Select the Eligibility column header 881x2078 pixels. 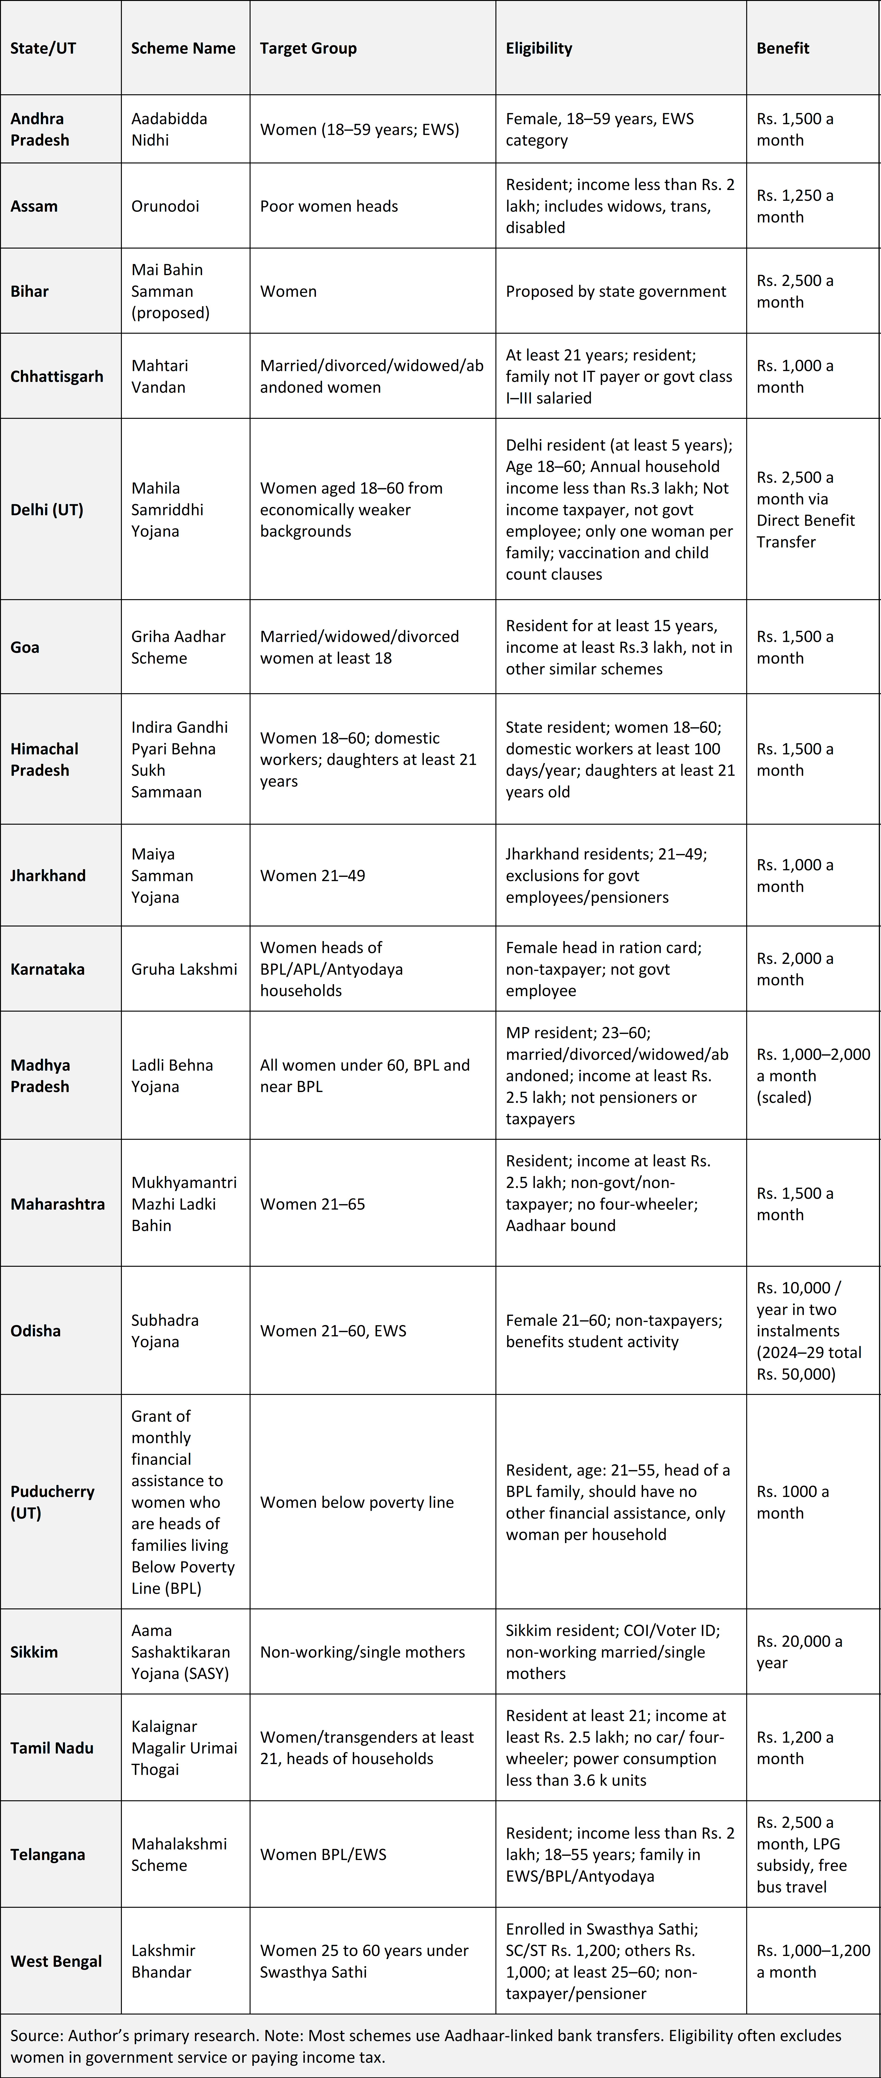coord(539,48)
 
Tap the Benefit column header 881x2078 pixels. coord(783,48)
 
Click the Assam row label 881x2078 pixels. coord(34,206)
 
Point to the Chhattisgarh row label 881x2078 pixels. coord(56,377)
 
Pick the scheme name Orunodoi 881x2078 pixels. coord(165,206)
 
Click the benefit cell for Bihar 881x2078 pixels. coord(795,291)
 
